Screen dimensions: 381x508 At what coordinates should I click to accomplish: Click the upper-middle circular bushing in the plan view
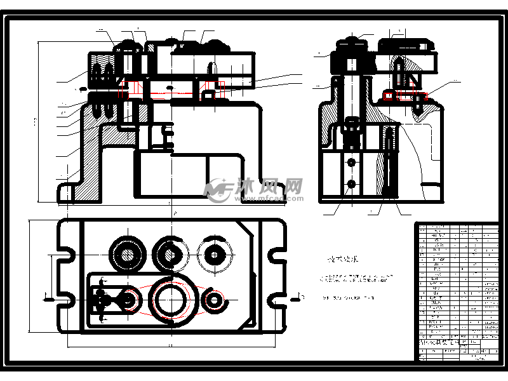[170, 254]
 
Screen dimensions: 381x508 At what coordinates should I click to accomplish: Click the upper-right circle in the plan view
[215, 254]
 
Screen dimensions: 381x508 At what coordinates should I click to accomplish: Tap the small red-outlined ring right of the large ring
[215, 298]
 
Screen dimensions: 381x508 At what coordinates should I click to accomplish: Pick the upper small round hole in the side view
[351, 163]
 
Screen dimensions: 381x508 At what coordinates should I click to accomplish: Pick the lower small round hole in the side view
[351, 185]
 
